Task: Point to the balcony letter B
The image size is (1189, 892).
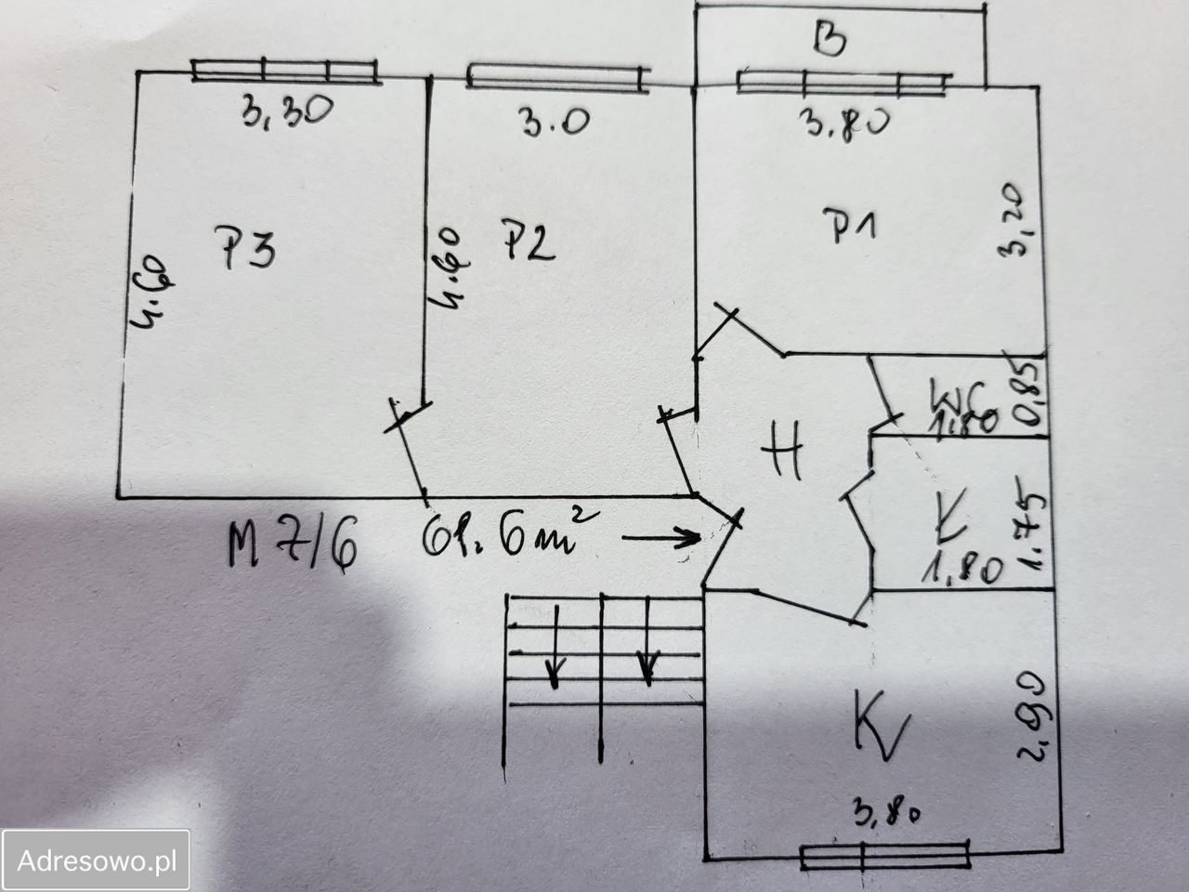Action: [x=829, y=41]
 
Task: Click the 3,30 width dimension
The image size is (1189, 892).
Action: [x=282, y=114]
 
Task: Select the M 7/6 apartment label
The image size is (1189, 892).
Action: [x=289, y=548]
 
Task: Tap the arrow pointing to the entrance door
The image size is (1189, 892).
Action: [x=660, y=536]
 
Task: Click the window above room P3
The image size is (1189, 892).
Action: [x=285, y=71]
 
